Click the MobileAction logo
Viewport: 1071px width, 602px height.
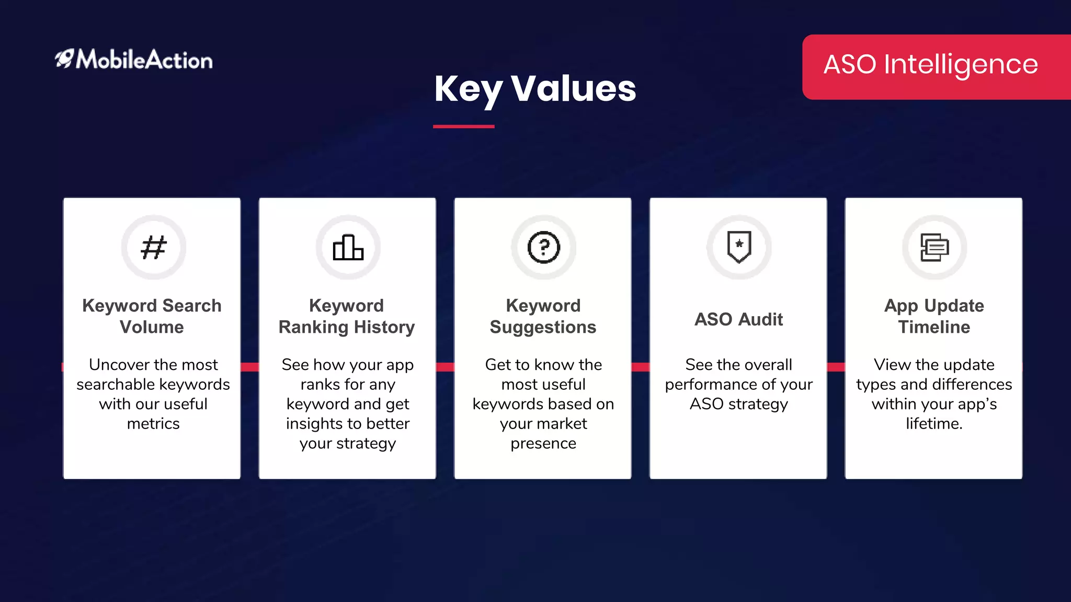pyautogui.click(x=134, y=60)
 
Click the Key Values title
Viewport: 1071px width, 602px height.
pyautogui.click(x=535, y=88)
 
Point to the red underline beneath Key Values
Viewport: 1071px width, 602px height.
pyautogui.click(x=463, y=126)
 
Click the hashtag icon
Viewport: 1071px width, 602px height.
pyautogui.click(x=153, y=247)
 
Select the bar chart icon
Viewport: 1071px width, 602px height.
pyautogui.click(x=348, y=247)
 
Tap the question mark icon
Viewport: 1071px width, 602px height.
pyautogui.click(x=543, y=247)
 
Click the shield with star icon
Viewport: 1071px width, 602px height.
pyautogui.click(x=739, y=247)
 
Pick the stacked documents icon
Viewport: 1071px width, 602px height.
pyautogui.click(x=934, y=247)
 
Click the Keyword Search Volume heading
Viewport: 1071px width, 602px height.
pyautogui.click(x=152, y=316)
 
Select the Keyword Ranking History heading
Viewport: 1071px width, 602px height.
pyautogui.click(x=347, y=316)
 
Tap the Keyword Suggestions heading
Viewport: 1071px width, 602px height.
pyautogui.click(x=543, y=316)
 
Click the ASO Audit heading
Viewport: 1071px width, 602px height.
pyautogui.click(x=738, y=319)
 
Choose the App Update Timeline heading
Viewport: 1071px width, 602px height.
pyautogui.click(x=934, y=316)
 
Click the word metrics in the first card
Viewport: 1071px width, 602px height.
pyautogui.click(x=153, y=424)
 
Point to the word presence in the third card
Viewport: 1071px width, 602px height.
pyautogui.click(x=543, y=444)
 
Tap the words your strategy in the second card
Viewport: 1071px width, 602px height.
pyautogui.click(x=348, y=444)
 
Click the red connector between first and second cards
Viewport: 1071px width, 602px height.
pyautogui.click(x=249, y=367)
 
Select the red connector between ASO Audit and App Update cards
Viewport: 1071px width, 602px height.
pyautogui.click(x=836, y=367)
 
